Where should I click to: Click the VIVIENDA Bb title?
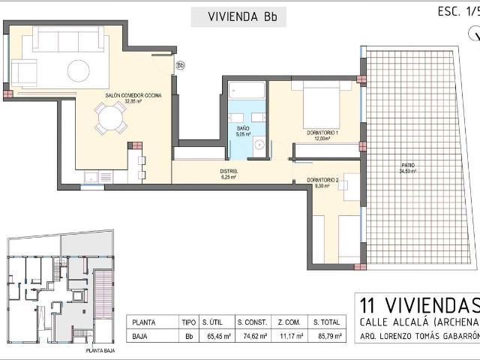click(238, 16)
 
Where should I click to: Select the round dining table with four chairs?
click(110, 118)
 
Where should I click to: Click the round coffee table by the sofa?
click(79, 70)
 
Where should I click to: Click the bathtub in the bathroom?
click(247, 91)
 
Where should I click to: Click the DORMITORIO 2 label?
click(322, 181)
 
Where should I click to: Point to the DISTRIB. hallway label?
click(229, 172)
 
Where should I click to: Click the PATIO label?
click(408, 165)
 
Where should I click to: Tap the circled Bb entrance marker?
click(180, 65)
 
